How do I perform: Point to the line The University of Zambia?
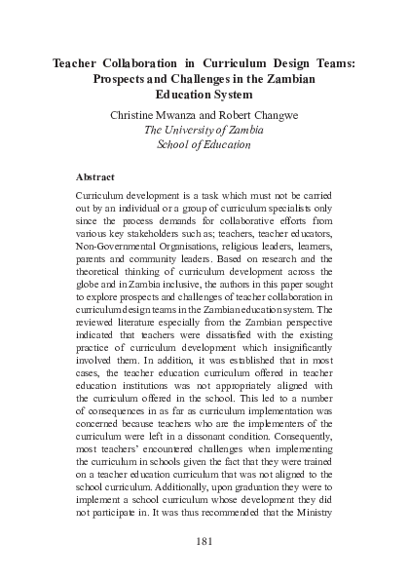coord(204,130)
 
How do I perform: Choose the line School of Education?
coord(204,145)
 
